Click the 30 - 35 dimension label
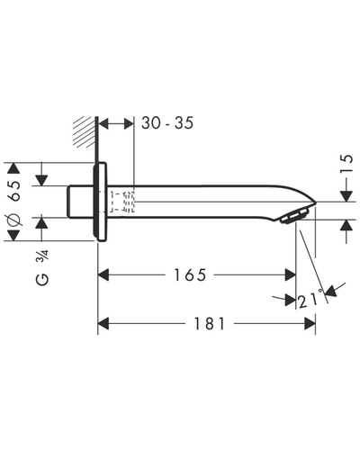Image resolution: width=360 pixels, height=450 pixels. point(167,123)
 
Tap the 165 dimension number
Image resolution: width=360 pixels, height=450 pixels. point(191,274)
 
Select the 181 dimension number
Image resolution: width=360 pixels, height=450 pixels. point(209,324)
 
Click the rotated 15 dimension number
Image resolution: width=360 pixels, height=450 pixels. point(346,164)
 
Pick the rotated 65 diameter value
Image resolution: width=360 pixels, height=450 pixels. point(14,191)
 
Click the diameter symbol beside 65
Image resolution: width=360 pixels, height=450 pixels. point(14,220)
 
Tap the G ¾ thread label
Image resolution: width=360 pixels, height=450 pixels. point(42,268)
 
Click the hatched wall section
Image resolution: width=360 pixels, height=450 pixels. point(85,131)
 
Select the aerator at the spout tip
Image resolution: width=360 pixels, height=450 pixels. point(294,217)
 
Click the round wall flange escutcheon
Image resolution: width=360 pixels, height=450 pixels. point(100,202)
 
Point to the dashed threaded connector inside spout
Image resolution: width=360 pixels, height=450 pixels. point(122,202)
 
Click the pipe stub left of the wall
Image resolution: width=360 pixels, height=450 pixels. point(79,202)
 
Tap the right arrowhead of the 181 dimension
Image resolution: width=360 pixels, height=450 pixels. point(310,324)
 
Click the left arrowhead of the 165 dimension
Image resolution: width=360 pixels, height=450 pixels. point(103,274)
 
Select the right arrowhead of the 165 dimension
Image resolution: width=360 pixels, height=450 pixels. point(290,274)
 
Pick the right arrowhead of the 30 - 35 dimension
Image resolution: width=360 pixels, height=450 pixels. point(129,123)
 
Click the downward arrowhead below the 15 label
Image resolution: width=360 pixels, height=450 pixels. point(346,196)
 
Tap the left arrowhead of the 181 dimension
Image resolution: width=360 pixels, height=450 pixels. point(103,324)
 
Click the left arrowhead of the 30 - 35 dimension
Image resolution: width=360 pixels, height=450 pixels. point(103,123)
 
